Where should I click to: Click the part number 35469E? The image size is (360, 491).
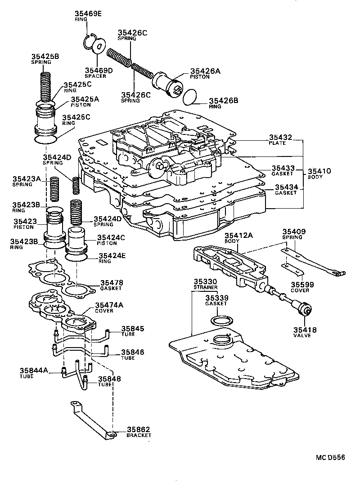pyautogui.click(x=88, y=13)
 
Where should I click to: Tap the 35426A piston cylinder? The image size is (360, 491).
pyautogui.click(x=168, y=85)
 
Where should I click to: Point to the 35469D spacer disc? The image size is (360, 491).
pyautogui.click(x=99, y=46)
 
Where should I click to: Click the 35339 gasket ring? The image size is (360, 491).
pyautogui.click(x=221, y=321)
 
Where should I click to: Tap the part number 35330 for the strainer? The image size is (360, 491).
pyautogui.click(x=206, y=281)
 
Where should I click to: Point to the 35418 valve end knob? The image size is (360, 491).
pyautogui.click(x=306, y=310)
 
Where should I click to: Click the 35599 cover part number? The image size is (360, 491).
pyautogui.click(x=302, y=285)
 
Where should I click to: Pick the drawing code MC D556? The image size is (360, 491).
pyautogui.click(x=330, y=458)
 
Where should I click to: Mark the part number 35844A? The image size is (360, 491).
pyautogui.click(x=34, y=370)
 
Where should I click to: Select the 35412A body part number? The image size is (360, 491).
pyautogui.click(x=239, y=235)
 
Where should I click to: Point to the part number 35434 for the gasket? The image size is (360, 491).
pyautogui.click(x=286, y=187)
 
